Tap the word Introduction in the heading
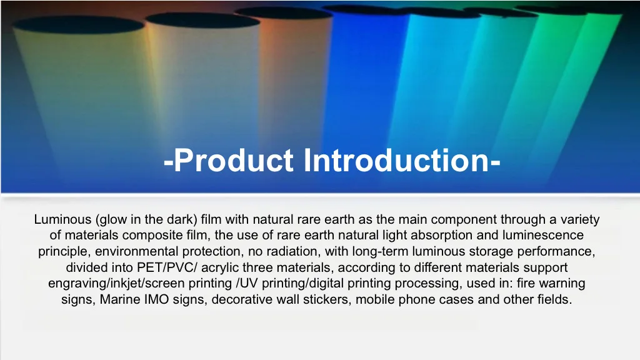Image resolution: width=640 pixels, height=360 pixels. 398,161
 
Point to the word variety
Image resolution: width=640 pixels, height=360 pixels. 580,219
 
